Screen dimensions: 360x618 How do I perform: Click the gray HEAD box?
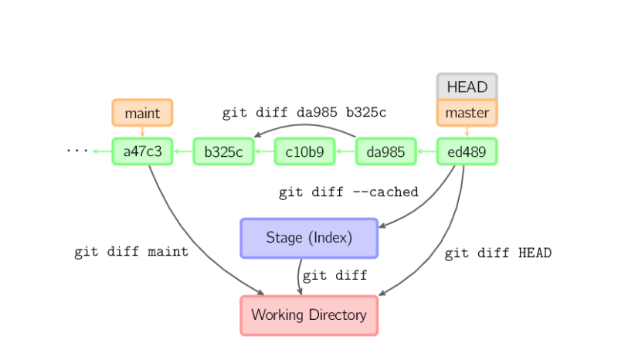(x=467, y=87)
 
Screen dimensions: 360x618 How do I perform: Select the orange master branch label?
(x=467, y=113)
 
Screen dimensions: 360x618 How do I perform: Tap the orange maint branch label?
(x=143, y=113)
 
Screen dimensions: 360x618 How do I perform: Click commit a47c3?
(x=143, y=151)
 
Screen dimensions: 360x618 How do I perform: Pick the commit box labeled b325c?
(x=224, y=151)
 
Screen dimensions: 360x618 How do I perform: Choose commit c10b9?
(x=305, y=151)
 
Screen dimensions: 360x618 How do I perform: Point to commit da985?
(x=386, y=151)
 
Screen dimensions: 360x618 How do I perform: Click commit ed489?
(x=467, y=151)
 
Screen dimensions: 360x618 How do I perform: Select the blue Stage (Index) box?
(x=309, y=238)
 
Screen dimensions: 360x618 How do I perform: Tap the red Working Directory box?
(x=309, y=315)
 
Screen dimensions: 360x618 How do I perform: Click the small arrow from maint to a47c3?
(x=143, y=132)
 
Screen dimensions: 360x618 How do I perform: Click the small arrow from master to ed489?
(x=467, y=132)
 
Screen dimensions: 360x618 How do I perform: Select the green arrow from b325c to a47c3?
(x=183, y=151)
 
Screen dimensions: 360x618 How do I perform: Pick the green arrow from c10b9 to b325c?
(x=264, y=151)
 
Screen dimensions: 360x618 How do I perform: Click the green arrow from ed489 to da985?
(x=426, y=151)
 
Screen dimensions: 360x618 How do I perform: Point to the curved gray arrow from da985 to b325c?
(x=305, y=125)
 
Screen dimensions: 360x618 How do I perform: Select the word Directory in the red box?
(x=338, y=315)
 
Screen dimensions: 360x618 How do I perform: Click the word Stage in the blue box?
(x=284, y=238)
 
